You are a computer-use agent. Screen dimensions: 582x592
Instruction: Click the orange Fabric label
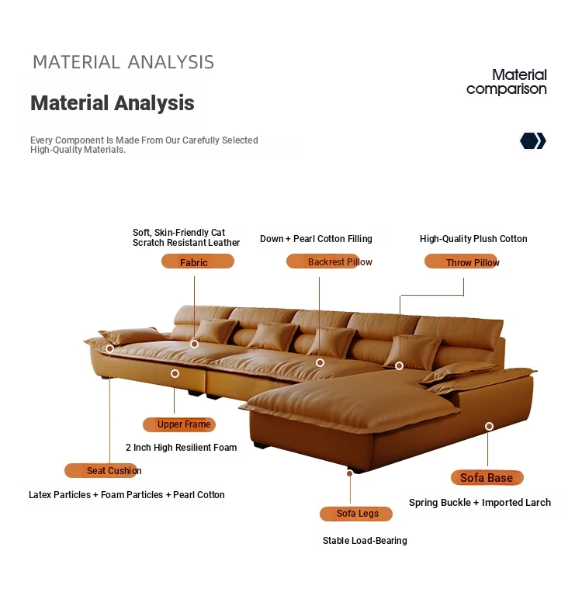click(198, 261)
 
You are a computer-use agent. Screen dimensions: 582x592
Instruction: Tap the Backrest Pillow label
click(329, 261)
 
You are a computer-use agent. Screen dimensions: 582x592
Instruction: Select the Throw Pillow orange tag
click(462, 261)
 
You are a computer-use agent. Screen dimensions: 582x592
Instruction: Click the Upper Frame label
click(179, 424)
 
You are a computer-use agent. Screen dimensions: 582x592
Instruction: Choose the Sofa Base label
click(487, 478)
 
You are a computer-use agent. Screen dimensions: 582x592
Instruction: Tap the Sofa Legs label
click(355, 514)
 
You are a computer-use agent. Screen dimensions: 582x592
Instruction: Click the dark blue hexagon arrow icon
click(533, 141)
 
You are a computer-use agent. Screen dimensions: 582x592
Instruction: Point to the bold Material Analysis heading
click(113, 103)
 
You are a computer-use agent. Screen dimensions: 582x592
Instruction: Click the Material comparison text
click(507, 82)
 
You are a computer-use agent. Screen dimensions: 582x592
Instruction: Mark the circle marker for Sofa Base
click(489, 426)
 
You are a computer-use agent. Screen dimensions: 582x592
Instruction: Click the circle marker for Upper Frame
click(175, 373)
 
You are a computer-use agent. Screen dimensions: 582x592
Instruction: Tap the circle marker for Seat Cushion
click(109, 348)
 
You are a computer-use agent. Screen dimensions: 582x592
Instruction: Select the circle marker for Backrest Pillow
click(320, 362)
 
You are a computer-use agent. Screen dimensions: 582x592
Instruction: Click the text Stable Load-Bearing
click(365, 541)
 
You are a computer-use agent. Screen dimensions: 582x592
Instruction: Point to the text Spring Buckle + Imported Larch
click(480, 503)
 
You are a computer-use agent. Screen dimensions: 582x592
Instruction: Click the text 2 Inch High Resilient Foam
click(182, 448)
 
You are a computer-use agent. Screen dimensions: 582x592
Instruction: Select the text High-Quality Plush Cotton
click(473, 239)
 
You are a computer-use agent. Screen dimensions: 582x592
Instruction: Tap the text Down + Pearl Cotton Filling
click(316, 239)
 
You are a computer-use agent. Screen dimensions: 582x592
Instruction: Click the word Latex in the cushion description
click(40, 494)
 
